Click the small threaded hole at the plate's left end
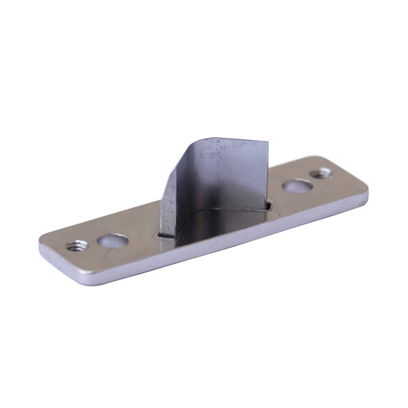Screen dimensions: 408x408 point(76,246)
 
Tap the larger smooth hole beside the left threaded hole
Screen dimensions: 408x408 point(113,240)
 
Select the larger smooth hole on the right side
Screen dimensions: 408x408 point(297,186)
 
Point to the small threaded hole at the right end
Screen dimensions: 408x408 point(321,173)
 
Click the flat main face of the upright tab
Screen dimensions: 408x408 point(228,175)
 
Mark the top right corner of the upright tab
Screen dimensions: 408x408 point(268,142)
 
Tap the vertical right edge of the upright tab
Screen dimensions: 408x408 point(268,171)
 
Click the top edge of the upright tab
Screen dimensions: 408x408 point(233,140)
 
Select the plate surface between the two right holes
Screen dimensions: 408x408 point(310,180)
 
